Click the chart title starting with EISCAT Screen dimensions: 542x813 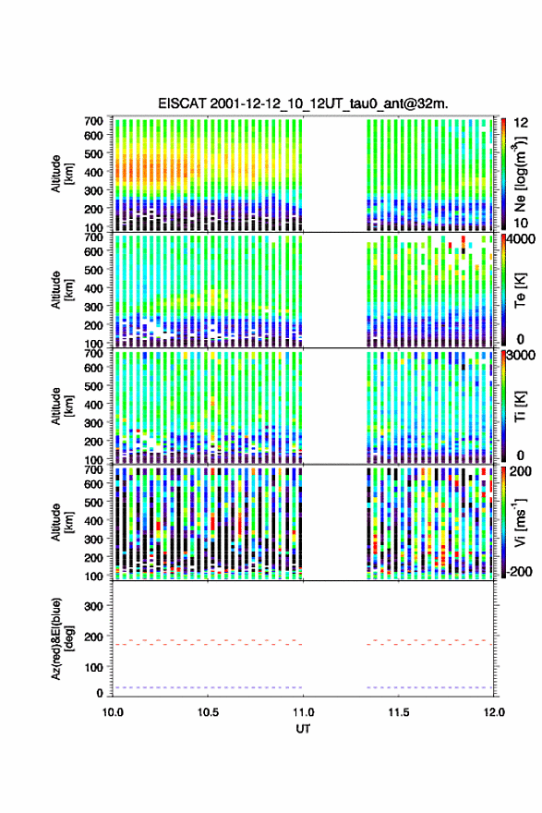(303, 103)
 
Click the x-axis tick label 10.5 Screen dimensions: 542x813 (207, 712)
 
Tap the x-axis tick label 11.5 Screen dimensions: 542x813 (399, 712)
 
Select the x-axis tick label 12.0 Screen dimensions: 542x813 (494, 712)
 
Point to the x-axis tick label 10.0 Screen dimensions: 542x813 (113, 712)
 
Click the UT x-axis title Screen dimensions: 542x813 (303, 729)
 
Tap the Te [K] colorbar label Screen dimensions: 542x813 (520, 290)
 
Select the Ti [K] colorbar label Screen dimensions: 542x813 (520, 406)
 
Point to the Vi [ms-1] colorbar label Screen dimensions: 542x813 (520, 522)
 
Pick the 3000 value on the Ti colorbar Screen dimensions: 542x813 (520, 356)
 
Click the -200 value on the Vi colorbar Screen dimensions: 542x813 (517, 571)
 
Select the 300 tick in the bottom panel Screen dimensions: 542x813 (94, 606)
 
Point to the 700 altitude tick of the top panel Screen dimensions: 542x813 (94, 121)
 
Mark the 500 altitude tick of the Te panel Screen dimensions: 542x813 (94, 270)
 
